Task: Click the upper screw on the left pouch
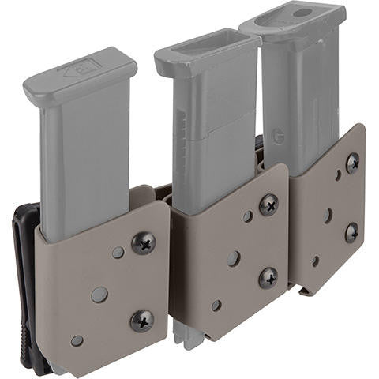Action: click(x=143, y=243)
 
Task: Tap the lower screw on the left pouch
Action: click(x=142, y=320)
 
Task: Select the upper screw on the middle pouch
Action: click(x=268, y=204)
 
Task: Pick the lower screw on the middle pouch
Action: click(x=268, y=276)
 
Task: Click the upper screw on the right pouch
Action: click(x=352, y=163)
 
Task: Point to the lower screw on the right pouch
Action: click(x=351, y=232)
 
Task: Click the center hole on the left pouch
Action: click(x=100, y=295)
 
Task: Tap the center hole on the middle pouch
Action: click(x=234, y=258)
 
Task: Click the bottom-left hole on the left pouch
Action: click(x=77, y=341)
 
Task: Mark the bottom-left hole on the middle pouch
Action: click(x=216, y=305)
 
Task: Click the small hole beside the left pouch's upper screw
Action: click(x=118, y=253)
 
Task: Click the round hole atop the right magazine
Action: click(x=302, y=13)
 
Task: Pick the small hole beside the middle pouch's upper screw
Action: click(x=247, y=216)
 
